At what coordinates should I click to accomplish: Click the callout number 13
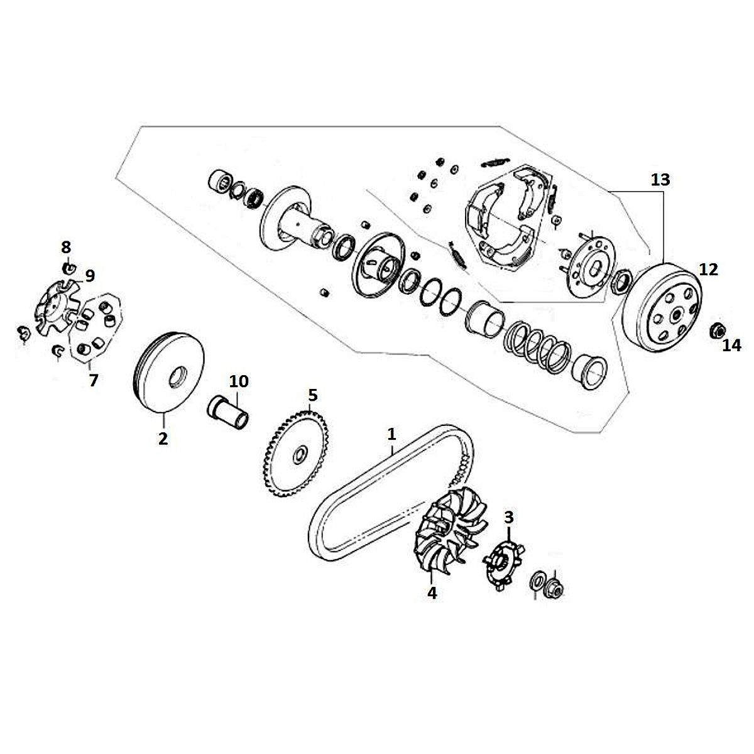pos(660,180)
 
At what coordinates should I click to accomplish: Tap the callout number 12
pos(708,270)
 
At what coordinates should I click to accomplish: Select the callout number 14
pos(731,345)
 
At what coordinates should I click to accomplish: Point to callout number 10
pos(239,381)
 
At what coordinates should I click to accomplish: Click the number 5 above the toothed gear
pos(313,395)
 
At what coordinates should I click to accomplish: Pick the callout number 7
pos(94,380)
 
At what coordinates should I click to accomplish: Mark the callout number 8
pos(66,247)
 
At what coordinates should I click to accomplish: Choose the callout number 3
pos(509,518)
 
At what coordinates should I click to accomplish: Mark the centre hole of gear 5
pos(300,453)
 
